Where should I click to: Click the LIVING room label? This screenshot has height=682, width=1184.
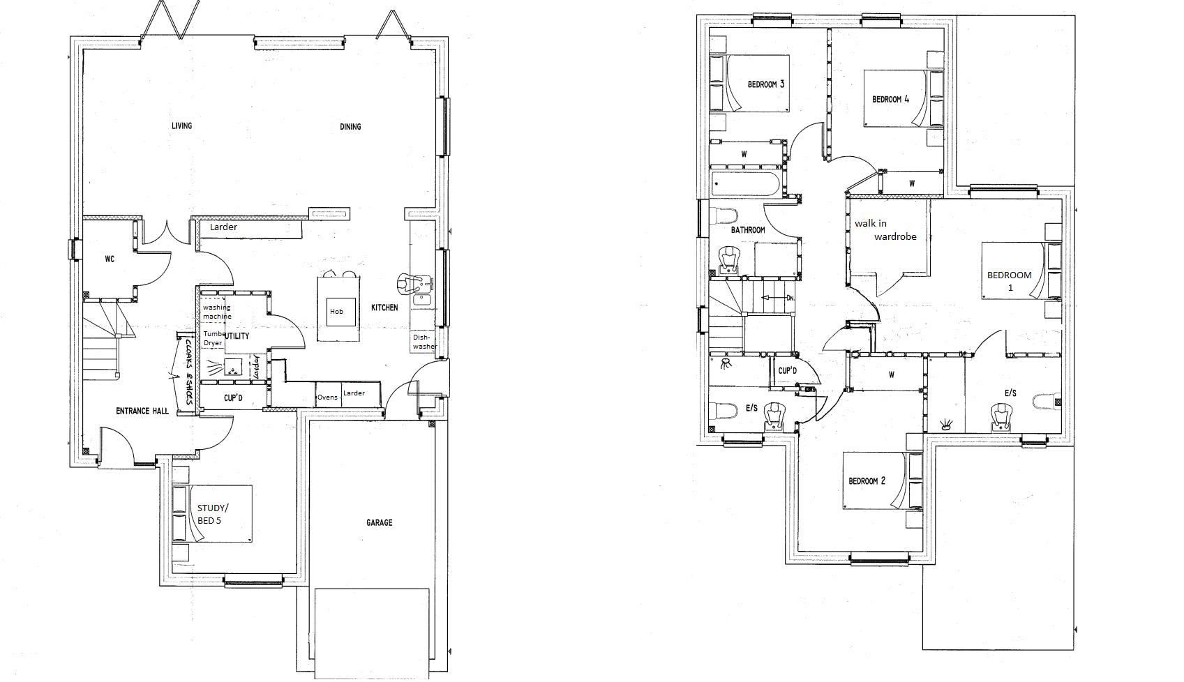click(181, 126)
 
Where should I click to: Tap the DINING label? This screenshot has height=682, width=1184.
click(350, 127)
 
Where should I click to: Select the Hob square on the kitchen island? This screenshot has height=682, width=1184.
click(337, 311)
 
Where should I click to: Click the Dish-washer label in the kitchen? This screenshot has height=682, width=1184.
click(424, 342)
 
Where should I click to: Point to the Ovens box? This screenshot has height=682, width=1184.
click(327, 397)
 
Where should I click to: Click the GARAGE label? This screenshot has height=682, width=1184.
click(379, 522)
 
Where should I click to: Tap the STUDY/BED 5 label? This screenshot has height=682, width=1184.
click(212, 514)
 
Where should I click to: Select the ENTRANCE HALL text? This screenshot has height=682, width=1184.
click(142, 411)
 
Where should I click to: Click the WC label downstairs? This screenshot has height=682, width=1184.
click(110, 259)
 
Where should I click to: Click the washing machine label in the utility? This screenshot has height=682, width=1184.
click(216, 312)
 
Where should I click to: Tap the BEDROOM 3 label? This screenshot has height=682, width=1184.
click(765, 84)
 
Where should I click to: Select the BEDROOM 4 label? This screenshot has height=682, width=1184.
click(890, 99)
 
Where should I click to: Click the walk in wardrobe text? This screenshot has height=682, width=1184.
click(885, 230)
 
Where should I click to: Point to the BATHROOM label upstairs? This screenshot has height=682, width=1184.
click(748, 230)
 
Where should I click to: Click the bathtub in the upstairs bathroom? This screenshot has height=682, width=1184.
click(745, 185)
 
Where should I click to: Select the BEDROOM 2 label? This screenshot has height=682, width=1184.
click(867, 481)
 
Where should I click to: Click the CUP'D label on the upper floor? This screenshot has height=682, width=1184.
click(787, 371)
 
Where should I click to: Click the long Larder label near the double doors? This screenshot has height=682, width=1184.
click(223, 227)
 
